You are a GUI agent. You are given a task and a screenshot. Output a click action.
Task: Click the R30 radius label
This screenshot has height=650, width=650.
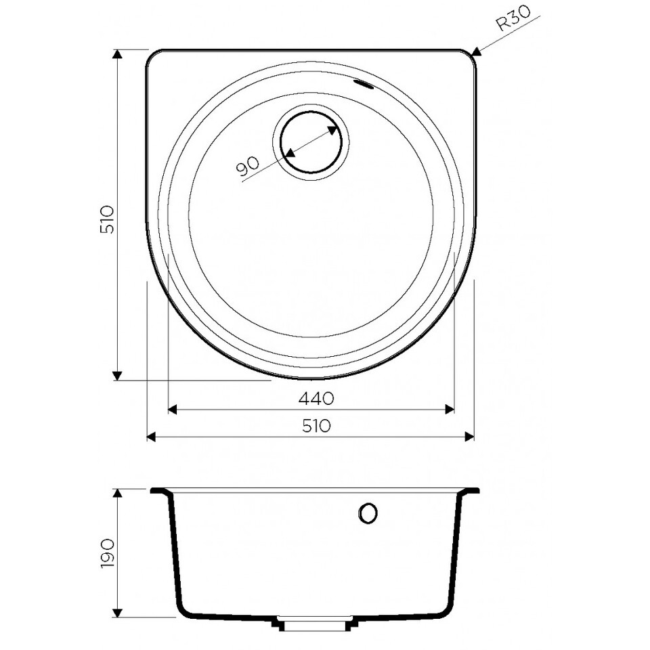tap(513, 19)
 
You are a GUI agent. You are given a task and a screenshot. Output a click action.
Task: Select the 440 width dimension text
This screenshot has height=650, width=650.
tap(316, 398)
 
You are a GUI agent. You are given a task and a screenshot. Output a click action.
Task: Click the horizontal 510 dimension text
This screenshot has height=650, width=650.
tap(316, 426)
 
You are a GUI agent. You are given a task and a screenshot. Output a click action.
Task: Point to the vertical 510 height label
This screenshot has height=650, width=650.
tap(107, 219)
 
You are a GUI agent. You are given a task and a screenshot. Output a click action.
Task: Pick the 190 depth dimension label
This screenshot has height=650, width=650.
tap(108, 554)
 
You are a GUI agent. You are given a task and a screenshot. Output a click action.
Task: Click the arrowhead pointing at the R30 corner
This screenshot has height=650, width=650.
tap(476, 51)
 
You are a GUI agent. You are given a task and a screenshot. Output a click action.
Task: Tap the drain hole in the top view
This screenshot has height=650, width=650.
tap(311, 142)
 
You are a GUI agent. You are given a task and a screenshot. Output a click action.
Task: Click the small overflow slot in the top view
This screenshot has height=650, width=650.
tap(364, 84)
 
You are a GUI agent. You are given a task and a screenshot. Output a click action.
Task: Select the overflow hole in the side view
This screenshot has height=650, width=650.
tap(368, 514)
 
